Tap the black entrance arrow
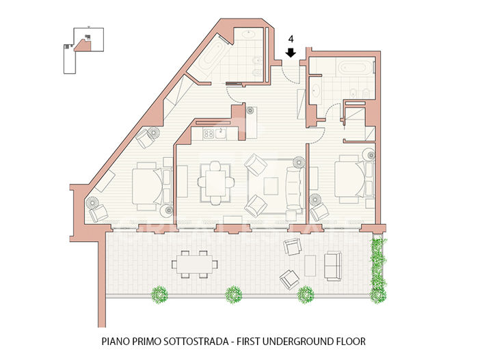click(x=290, y=53)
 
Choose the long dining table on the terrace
click(x=195, y=262)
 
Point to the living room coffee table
click(x=271, y=185)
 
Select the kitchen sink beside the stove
click(x=221, y=134)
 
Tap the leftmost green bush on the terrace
click(x=159, y=294)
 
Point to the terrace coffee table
click(x=310, y=264)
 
